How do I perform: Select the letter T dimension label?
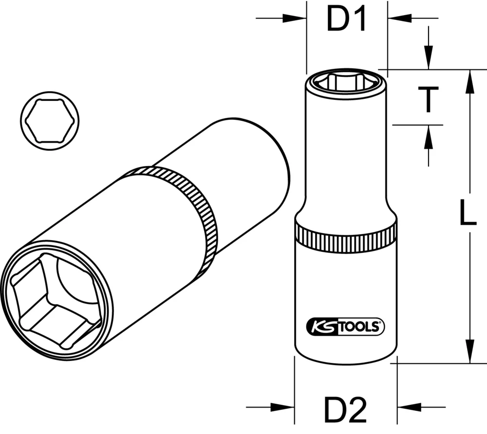coord(428,99)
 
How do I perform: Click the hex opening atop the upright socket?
coord(346,81)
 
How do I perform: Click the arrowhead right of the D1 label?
coord(396,19)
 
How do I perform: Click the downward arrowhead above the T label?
coord(428,61)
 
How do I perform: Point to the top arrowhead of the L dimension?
coord(469,80)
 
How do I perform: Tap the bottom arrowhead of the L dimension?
coord(469,353)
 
